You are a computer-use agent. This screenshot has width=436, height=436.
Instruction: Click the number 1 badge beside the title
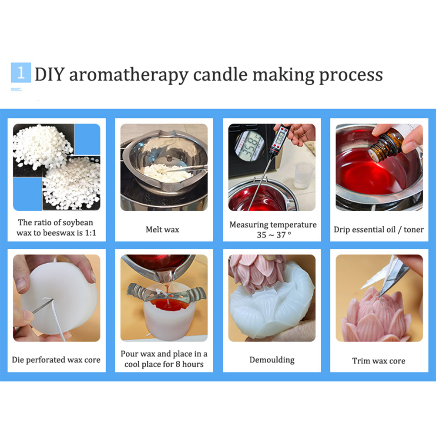click(x=21, y=73)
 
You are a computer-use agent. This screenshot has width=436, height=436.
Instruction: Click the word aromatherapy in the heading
click(x=129, y=75)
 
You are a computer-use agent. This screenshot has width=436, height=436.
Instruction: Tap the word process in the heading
click(x=351, y=76)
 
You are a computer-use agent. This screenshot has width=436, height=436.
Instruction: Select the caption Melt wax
click(x=162, y=229)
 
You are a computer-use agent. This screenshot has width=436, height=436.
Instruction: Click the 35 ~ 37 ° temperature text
click(x=274, y=235)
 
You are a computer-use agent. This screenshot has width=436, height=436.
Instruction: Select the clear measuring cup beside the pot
click(x=304, y=176)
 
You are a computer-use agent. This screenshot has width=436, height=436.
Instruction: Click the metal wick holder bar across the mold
click(x=166, y=292)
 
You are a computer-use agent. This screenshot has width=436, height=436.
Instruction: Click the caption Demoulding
click(x=272, y=360)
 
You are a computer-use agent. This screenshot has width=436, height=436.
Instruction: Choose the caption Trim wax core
click(x=379, y=361)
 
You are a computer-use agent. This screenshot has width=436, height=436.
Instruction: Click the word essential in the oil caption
click(x=371, y=229)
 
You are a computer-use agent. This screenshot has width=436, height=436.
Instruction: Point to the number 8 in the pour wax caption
click(x=178, y=364)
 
